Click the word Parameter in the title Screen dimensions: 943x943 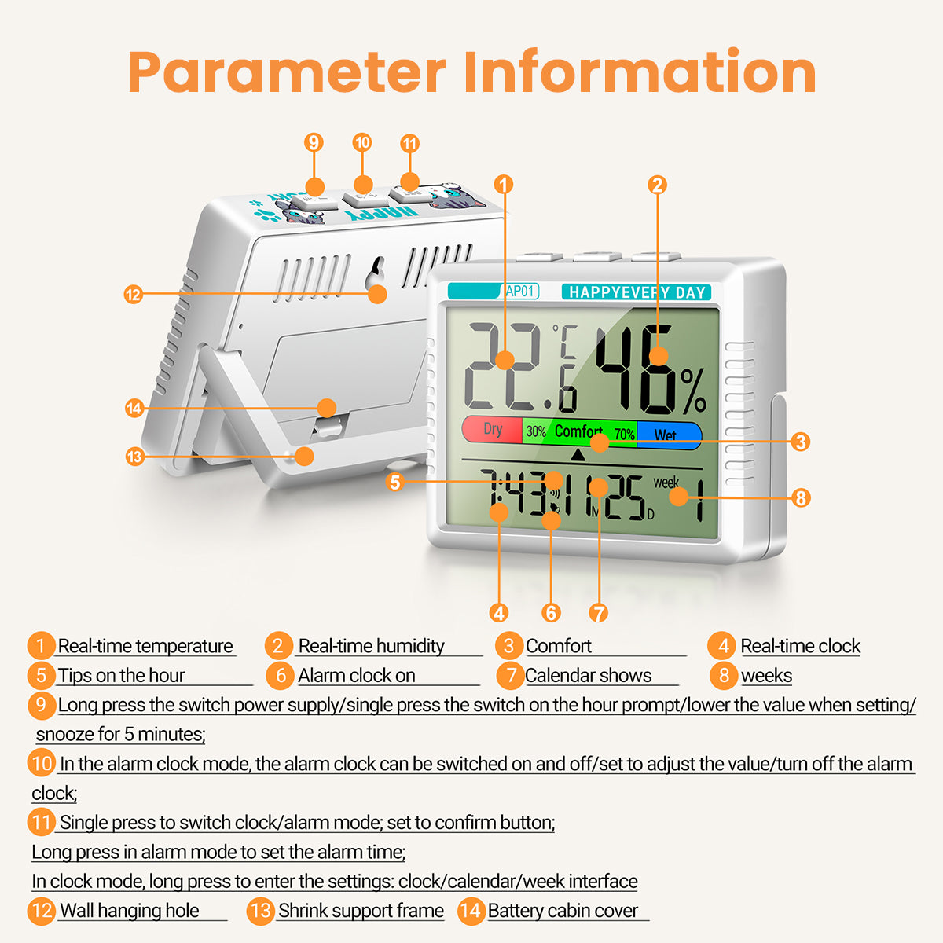287,72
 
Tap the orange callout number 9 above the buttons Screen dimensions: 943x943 314,142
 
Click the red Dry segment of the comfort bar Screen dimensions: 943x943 492,430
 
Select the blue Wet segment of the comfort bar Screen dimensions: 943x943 669,435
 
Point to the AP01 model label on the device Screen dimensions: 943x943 519,292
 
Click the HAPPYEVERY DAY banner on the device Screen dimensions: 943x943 637,292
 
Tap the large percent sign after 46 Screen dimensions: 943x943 693,391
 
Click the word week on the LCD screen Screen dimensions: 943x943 666,483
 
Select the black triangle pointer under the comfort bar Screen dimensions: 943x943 578,455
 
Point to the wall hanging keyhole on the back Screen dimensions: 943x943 376,274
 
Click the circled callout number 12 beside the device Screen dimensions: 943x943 133,295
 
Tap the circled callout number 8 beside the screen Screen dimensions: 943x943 801,498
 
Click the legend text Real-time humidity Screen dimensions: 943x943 372,646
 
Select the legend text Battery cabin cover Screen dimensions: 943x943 563,911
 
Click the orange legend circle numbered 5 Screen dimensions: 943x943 41,675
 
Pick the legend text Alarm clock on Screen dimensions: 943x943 357,675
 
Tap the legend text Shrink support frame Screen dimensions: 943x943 361,911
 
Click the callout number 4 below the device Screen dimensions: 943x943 499,613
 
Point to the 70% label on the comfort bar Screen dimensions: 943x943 624,434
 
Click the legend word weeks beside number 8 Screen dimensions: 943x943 766,676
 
